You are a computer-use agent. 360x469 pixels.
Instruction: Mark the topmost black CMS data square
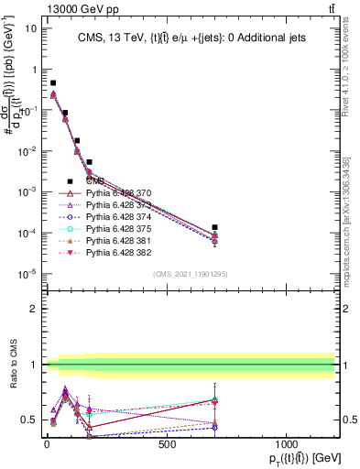point(53,83)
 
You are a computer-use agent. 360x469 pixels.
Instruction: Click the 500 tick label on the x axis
point(167,445)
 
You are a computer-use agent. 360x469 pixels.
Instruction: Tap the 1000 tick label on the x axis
point(287,445)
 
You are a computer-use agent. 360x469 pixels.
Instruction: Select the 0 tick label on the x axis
point(47,445)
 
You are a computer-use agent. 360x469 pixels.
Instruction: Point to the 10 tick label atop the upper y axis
point(31,27)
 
